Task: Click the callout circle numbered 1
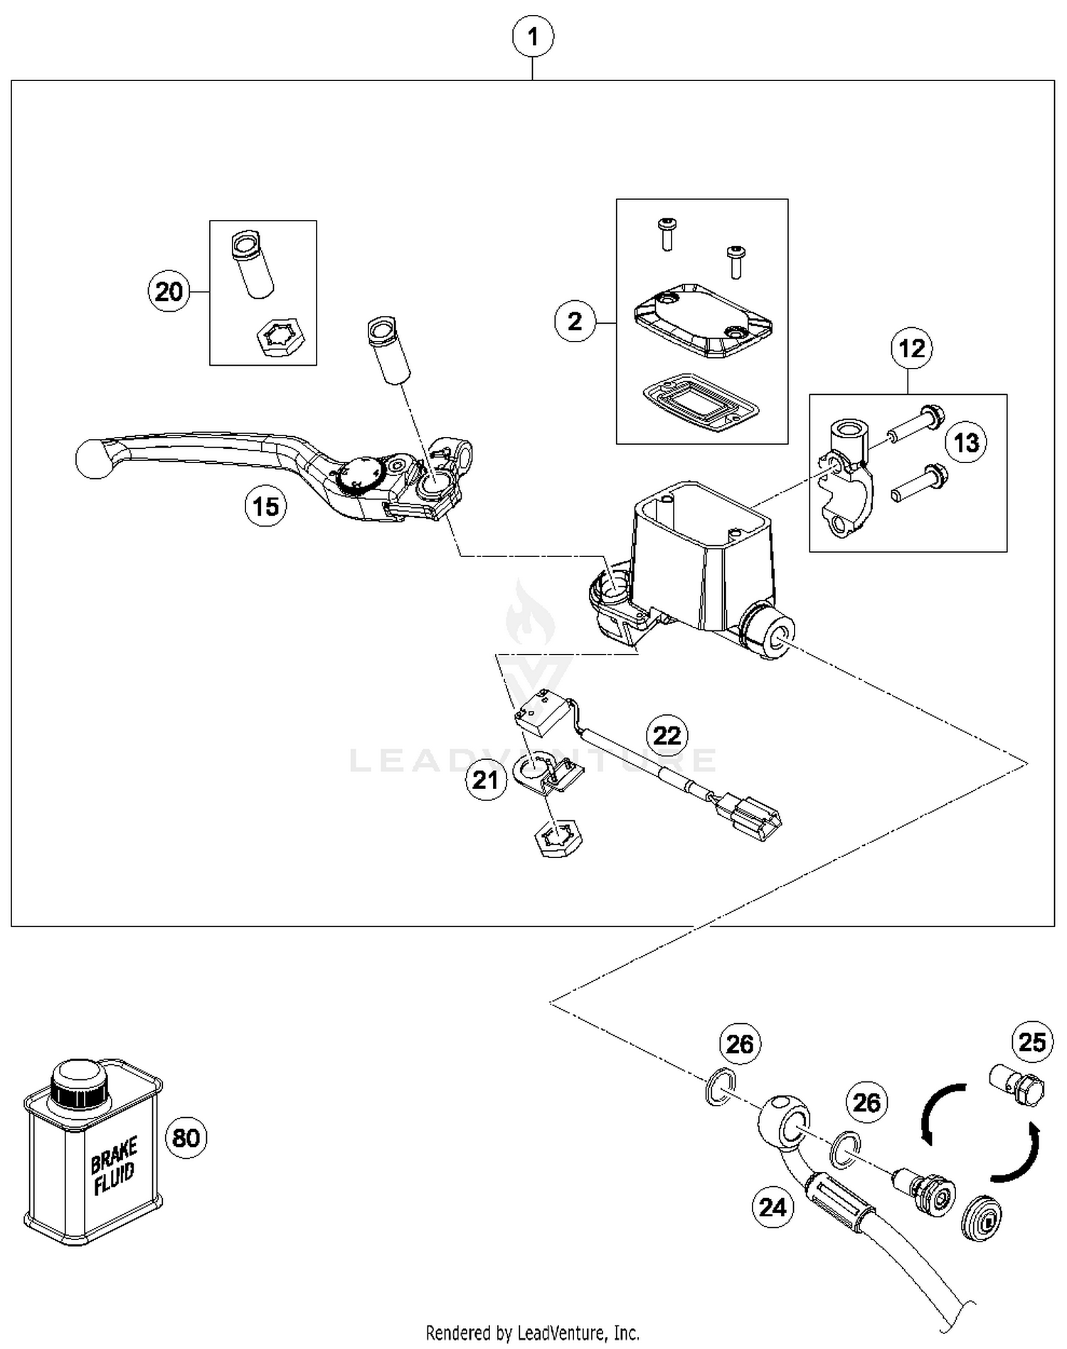coord(533,36)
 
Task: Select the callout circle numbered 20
coord(169,292)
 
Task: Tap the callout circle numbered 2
coord(575,322)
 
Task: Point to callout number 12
coord(911,349)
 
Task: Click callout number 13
coord(965,443)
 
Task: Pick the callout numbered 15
coord(265,507)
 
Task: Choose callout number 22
coord(667,735)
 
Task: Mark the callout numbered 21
coord(485,780)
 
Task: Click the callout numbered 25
coord(1032,1042)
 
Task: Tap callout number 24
coord(773,1207)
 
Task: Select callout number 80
coord(186,1137)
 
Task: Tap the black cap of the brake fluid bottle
coord(79,1082)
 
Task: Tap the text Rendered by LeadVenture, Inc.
coord(532,1333)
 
